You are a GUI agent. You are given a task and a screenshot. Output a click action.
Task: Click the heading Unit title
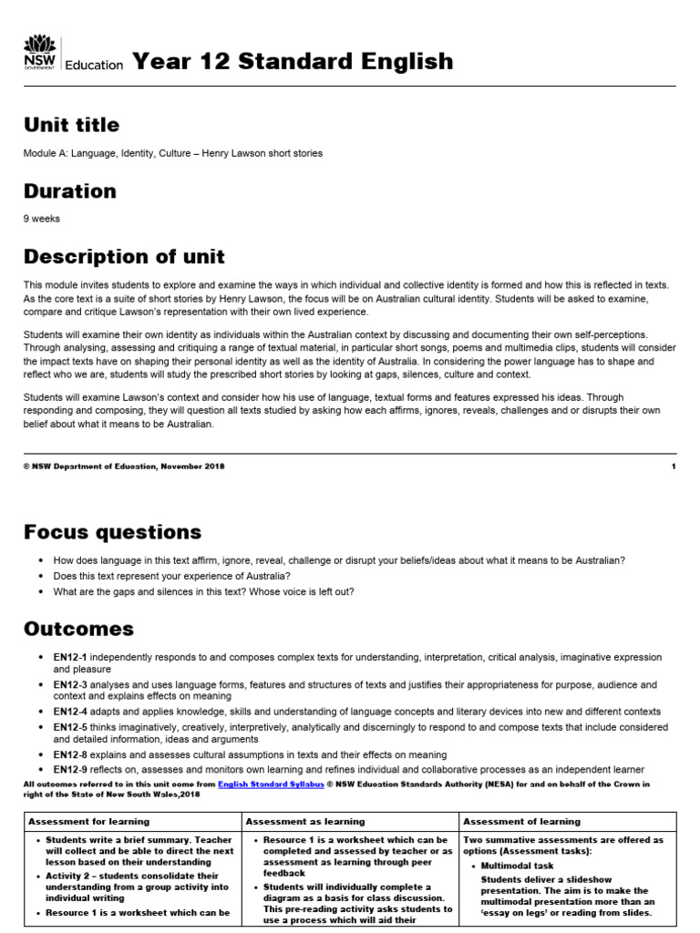(71, 124)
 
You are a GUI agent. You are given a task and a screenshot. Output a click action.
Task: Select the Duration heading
(69, 191)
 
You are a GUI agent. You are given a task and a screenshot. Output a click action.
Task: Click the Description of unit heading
(124, 256)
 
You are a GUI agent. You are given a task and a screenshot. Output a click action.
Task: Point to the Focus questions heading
(112, 531)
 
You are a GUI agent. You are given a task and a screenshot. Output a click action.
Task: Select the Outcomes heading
(78, 629)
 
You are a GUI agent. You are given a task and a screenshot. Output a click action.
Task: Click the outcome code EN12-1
(69, 657)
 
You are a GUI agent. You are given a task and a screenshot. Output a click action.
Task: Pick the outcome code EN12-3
(69, 683)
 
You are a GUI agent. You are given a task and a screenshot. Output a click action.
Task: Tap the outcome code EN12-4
(69, 711)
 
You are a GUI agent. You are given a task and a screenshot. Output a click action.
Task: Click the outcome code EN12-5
(69, 727)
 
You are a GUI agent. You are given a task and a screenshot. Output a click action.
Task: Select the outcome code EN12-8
(69, 754)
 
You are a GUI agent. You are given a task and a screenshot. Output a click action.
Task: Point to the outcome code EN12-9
(69, 770)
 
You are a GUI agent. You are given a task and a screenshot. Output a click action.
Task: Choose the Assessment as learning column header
(305, 822)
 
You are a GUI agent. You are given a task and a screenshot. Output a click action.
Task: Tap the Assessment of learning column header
(521, 822)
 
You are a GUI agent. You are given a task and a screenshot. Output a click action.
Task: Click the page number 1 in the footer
(673, 466)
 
